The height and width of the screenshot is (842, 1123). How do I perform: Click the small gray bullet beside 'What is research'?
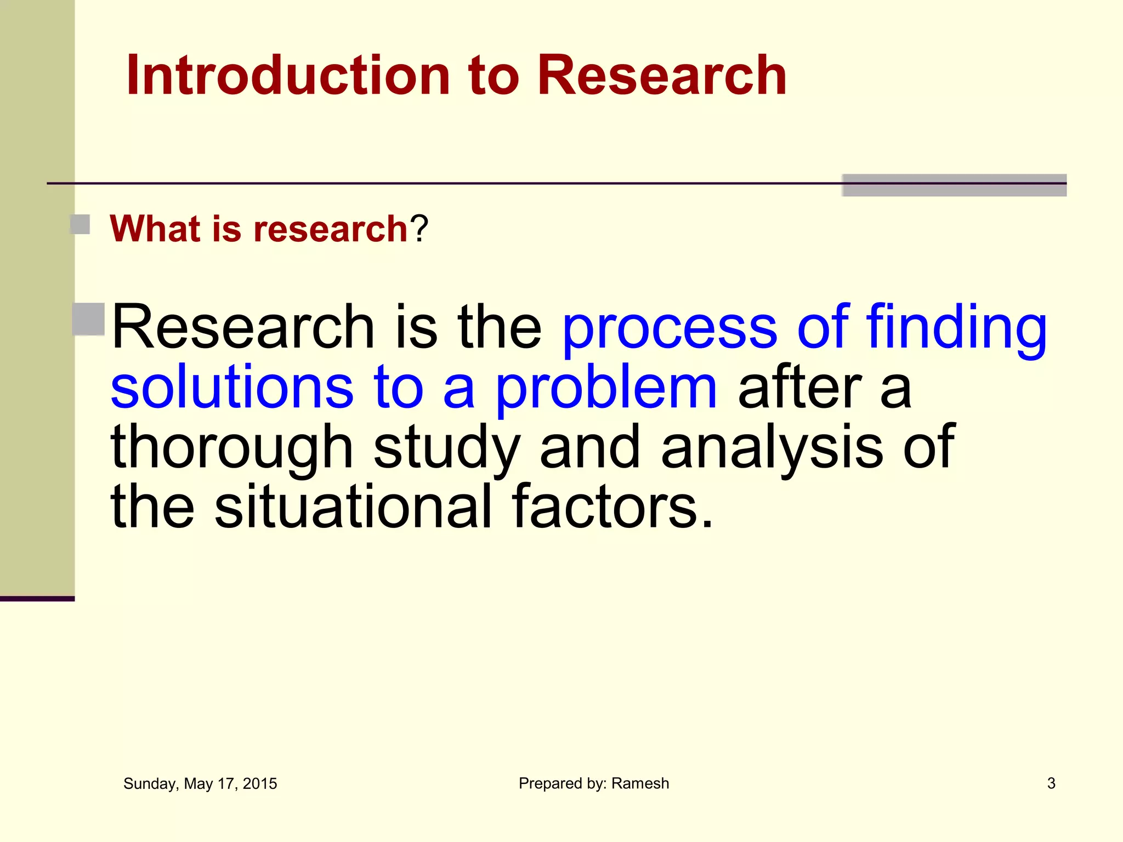(81, 225)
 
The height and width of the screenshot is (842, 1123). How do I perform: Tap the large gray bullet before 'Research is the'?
(88, 318)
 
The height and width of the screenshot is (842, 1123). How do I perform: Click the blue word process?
(670, 329)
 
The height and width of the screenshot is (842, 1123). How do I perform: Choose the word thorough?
(232, 448)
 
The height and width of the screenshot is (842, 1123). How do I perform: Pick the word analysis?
(772, 448)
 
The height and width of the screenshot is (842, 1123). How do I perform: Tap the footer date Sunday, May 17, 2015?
(200, 784)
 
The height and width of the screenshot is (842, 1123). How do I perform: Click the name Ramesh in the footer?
(640, 784)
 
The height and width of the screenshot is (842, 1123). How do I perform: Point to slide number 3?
(1051, 784)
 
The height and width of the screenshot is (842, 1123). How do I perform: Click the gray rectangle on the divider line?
(954, 185)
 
